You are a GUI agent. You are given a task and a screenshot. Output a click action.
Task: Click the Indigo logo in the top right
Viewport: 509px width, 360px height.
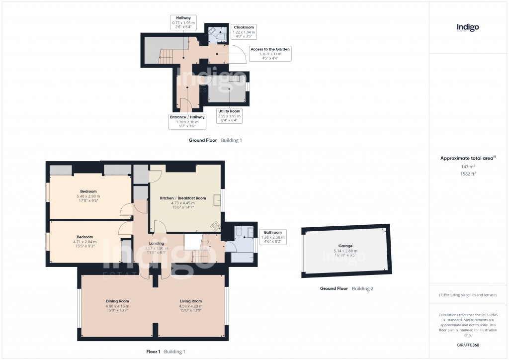(468, 27)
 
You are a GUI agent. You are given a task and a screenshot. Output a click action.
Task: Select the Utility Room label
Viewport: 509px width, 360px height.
(229, 116)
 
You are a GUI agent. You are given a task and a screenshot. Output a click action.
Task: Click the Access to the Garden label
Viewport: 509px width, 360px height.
(270, 53)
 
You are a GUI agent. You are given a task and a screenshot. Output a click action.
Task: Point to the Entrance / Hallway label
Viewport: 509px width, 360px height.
(187, 121)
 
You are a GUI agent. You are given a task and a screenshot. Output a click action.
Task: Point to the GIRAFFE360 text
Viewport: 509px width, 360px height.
(468, 345)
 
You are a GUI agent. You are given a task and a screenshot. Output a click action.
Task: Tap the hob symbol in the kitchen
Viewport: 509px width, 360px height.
(216, 227)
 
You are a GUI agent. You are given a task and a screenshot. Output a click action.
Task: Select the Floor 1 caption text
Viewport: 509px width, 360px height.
(153, 352)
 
